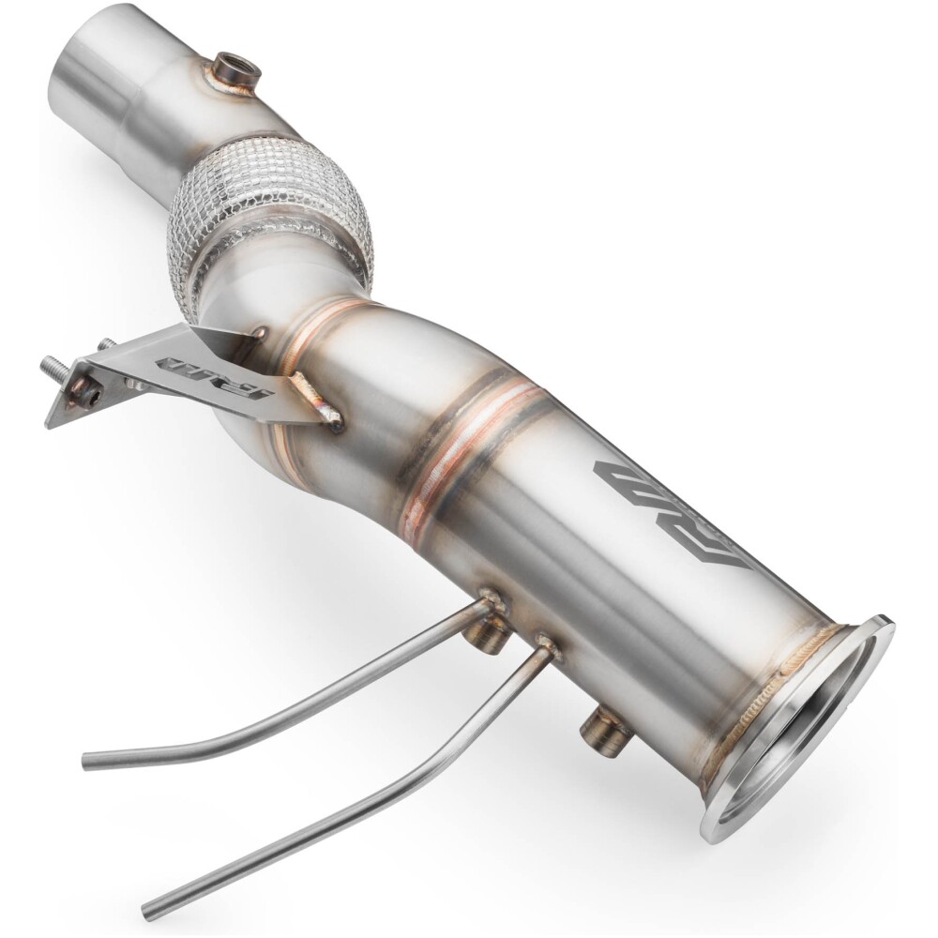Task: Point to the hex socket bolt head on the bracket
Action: [x=85, y=395]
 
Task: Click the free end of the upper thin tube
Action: [x=89, y=761]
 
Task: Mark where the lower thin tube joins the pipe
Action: [x=543, y=647]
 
